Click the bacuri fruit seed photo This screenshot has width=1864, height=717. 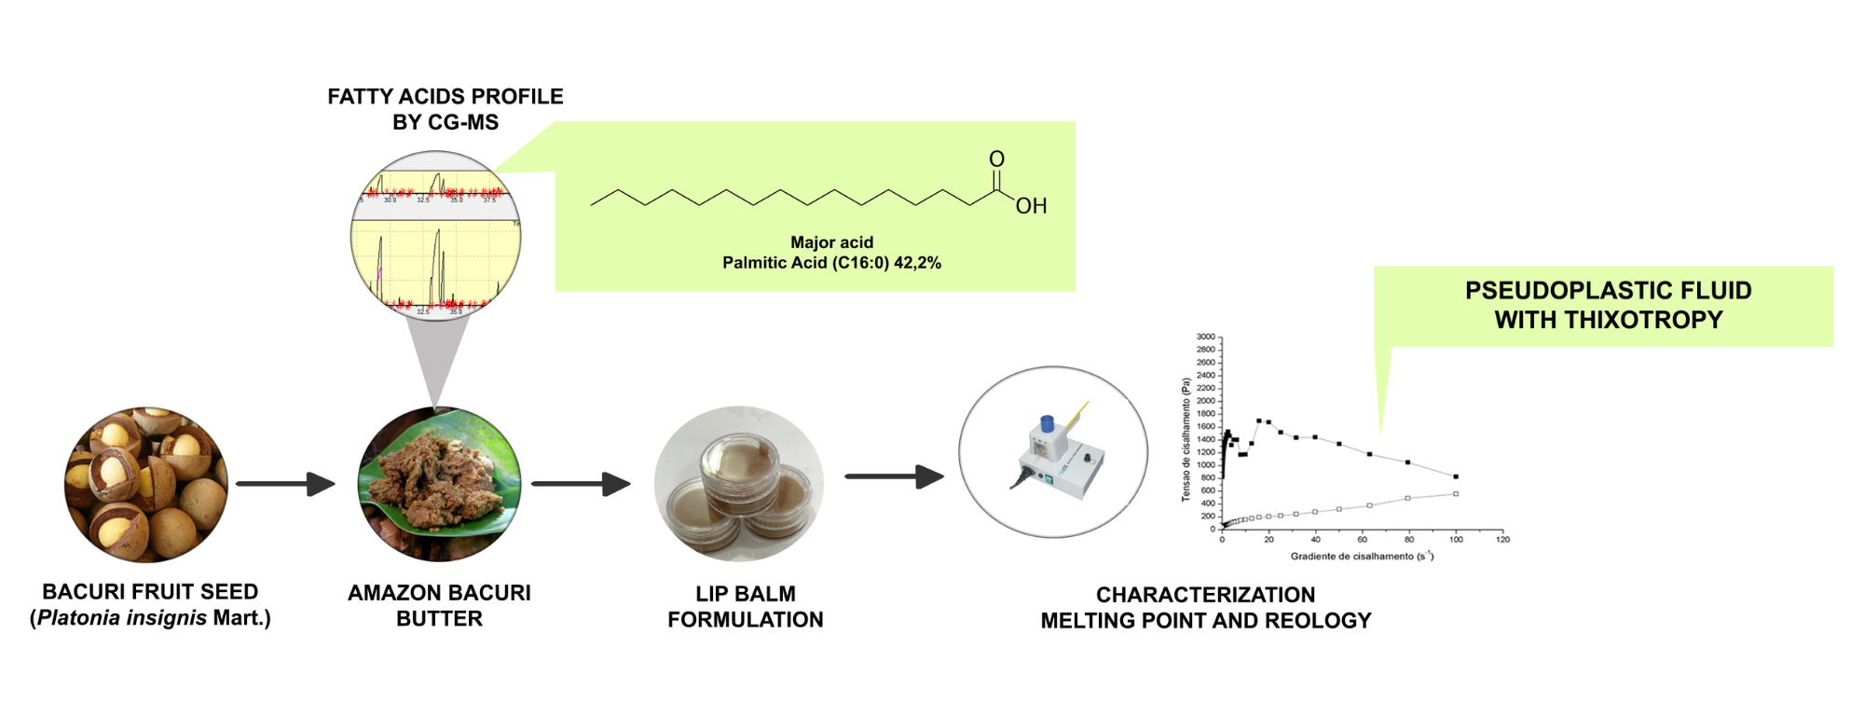[x=146, y=484]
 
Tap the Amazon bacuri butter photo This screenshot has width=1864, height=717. [x=439, y=484]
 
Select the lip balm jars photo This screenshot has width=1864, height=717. [x=739, y=484]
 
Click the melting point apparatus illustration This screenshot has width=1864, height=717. [x=1053, y=452]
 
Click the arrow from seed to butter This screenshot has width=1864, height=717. [x=285, y=484]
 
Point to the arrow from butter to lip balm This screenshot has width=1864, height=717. [x=581, y=484]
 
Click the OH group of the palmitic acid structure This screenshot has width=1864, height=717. [x=1031, y=206]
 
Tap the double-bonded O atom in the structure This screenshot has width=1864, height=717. [x=996, y=159]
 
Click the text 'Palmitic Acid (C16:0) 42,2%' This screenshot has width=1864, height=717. [x=831, y=263]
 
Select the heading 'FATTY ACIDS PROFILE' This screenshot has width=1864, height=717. [x=445, y=97]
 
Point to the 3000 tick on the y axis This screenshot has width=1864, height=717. [x=1206, y=337]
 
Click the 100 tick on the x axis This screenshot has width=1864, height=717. [x=1456, y=539]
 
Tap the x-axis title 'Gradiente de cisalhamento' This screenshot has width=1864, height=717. [x=1351, y=557]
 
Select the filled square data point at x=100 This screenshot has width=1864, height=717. [x=1456, y=476]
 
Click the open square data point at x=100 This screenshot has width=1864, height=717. [x=1456, y=494]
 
